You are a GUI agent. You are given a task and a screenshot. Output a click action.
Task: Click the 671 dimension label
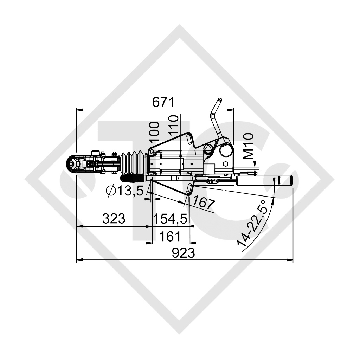coord(163,102)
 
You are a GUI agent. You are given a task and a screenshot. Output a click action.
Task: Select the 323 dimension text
coord(114,219)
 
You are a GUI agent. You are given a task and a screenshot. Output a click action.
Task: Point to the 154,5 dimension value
coord(171,219)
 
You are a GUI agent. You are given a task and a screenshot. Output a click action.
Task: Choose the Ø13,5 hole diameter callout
coord(125,191)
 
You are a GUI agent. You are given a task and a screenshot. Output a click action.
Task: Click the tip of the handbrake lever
coord(219,100)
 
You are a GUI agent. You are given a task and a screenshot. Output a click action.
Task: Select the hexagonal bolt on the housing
coord(225,164)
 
